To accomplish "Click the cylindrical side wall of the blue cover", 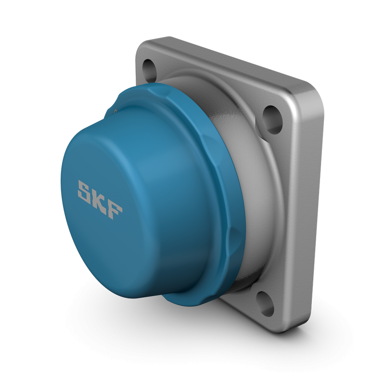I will click(188, 192).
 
